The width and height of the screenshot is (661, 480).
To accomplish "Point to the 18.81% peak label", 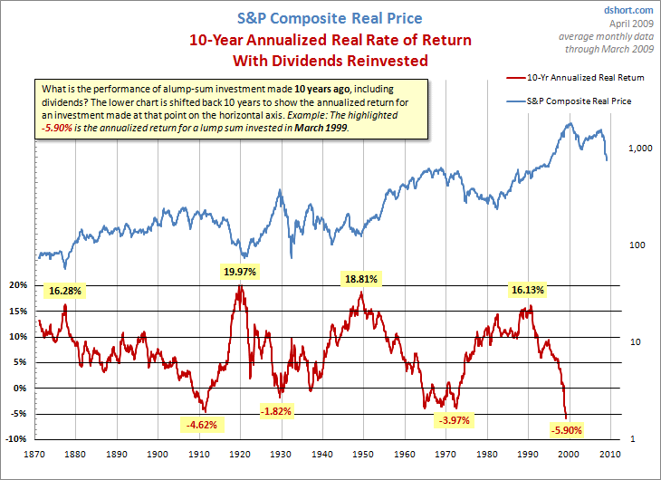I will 359,280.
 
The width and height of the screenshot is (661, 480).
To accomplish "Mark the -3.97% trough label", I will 455,420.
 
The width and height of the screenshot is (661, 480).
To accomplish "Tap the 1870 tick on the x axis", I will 38,453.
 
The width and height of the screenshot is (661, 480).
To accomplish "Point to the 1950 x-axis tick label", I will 366,453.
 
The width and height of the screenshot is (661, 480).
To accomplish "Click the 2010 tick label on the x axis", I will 611,453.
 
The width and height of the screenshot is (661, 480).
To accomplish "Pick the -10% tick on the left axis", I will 18,439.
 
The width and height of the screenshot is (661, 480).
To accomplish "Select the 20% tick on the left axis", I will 20,284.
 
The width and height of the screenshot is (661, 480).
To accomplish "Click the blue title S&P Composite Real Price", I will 330,18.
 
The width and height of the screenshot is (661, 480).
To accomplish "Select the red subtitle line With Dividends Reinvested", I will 330,62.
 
